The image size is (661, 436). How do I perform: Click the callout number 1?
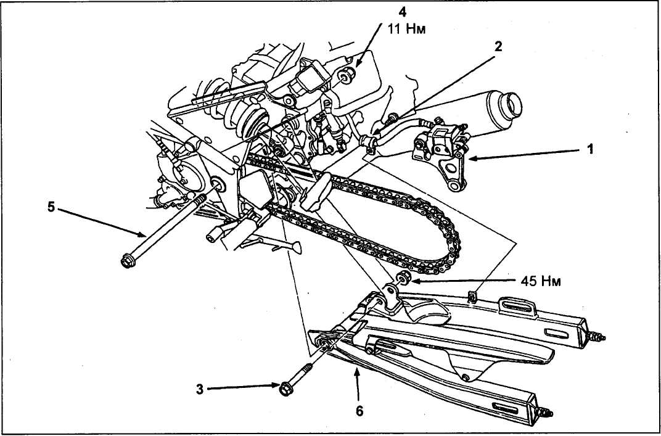590,149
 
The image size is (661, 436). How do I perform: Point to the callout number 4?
403,11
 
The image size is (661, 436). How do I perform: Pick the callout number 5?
51,208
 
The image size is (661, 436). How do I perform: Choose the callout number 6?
359,411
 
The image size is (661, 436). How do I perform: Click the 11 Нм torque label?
406,30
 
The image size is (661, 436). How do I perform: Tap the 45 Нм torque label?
541,281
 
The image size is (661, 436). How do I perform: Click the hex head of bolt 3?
286,389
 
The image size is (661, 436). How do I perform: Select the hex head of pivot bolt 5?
127,261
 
